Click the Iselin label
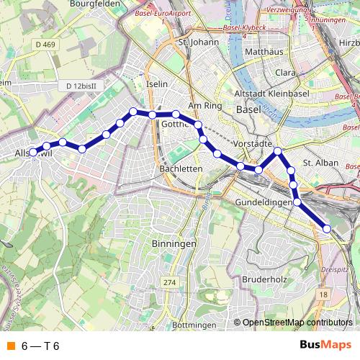(156, 84)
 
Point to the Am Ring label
(202, 105)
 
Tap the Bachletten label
(181, 168)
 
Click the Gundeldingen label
(265, 203)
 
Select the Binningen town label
(174, 244)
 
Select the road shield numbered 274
(169, 282)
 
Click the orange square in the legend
(10, 346)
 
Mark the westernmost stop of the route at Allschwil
(32, 152)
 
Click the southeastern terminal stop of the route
(328, 228)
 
